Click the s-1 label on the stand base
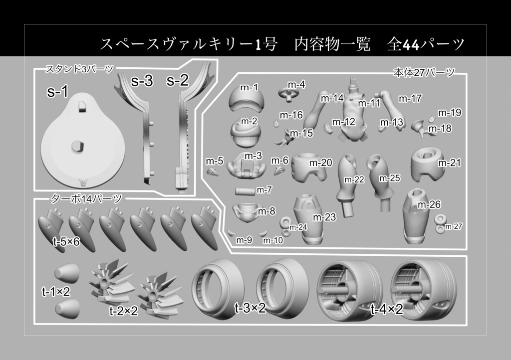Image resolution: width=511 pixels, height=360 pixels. [x=57, y=92]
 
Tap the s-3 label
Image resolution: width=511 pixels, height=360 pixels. [x=142, y=82]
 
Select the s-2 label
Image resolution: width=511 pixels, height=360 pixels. [x=178, y=81]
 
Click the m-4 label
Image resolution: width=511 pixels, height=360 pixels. [x=296, y=84]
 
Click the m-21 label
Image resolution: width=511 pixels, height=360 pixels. [x=449, y=163]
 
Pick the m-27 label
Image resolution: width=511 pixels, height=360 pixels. [x=454, y=226]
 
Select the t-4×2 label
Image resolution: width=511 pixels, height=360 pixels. [x=386, y=310]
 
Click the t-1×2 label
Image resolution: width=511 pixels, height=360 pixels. [x=55, y=292]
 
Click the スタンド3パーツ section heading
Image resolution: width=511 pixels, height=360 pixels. [x=80, y=69]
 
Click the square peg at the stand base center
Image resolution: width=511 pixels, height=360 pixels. [x=77, y=145]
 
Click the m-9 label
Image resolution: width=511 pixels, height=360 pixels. [x=244, y=240]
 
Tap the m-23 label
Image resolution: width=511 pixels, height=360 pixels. [x=324, y=217]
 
